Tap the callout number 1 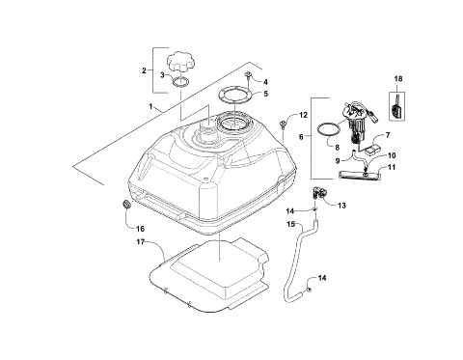pyautogui.click(x=150, y=104)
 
